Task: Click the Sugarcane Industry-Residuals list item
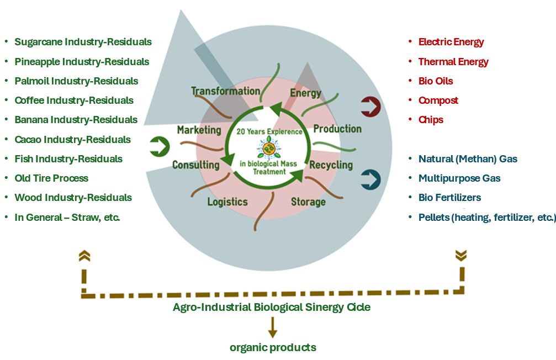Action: [x=83, y=42]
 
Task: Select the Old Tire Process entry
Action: [x=51, y=178]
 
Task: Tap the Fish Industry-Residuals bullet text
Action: [x=68, y=159]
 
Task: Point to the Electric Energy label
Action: [x=451, y=42]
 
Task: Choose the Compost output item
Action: [x=438, y=100]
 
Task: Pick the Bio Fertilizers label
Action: [x=449, y=198]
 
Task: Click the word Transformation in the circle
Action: [x=225, y=91]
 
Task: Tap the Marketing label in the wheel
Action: [x=199, y=130]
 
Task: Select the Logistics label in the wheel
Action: [x=227, y=202]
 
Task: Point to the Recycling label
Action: [x=331, y=165]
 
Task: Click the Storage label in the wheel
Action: [x=308, y=202]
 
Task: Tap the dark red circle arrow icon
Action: [x=370, y=106]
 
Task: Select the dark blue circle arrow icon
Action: [x=370, y=179]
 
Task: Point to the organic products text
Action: [x=273, y=348]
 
